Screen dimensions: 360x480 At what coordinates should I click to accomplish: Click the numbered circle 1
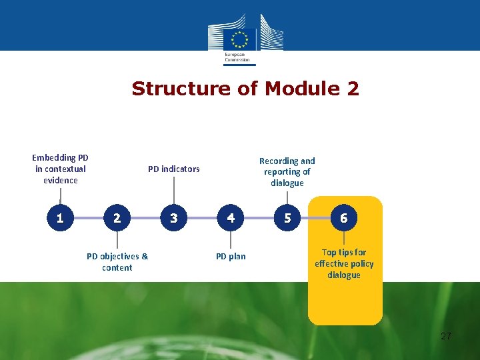60,217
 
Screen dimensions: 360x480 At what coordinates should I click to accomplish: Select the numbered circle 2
117,217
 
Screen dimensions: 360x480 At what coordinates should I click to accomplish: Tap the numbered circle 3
174,217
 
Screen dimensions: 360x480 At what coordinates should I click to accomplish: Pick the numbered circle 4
231,217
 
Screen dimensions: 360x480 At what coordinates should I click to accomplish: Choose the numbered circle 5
287,217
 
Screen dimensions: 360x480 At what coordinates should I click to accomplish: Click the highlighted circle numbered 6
344,217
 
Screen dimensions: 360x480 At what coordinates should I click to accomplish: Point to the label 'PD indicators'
173,169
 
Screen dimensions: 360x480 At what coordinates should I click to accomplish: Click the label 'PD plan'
231,256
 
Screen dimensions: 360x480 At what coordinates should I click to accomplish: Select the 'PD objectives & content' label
117,261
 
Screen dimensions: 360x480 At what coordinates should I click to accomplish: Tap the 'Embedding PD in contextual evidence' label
60,169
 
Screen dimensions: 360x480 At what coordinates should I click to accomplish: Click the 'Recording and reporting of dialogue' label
287,171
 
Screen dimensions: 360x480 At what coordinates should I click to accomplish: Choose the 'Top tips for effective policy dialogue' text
344,263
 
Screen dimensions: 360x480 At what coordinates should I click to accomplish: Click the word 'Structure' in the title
172,89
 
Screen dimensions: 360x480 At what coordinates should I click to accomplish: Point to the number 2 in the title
352,89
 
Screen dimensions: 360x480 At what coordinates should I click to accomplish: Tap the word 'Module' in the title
294,89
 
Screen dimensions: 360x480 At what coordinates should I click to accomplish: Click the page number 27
446,336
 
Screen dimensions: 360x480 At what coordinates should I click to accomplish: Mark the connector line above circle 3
174,192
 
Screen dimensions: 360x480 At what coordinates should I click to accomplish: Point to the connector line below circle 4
231,240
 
